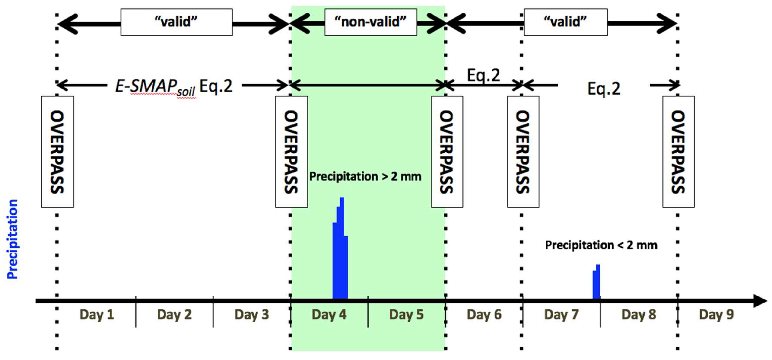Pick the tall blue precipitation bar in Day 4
pyautogui.click(x=340, y=255)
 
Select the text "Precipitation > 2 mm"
pyautogui.click(x=365, y=177)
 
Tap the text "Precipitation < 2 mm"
pyautogui.click(x=601, y=245)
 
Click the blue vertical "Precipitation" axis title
pyautogui.click(x=13, y=239)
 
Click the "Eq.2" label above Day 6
pyautogui.click(x=483, y=75)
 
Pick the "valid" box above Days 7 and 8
pyautogui.click(x=565, y=22)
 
